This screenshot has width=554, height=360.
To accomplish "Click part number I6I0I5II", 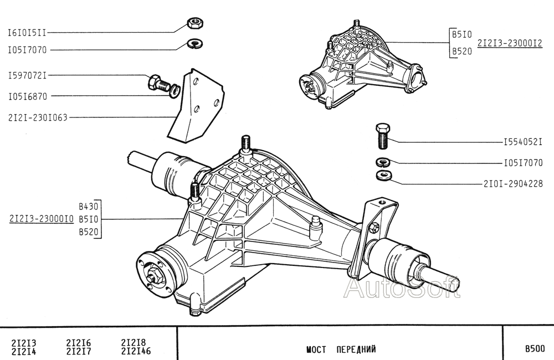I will tap(27, 33).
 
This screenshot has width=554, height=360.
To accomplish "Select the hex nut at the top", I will tap(194, 23).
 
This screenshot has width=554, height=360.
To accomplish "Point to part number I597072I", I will tap(27, 75).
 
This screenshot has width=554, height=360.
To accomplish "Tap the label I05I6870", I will tap(27, 96).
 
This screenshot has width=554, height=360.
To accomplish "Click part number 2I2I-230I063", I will tap(38, 117).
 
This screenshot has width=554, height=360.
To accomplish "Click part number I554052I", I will tap(522, 142).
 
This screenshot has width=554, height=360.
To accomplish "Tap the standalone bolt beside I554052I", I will tap(382, 136).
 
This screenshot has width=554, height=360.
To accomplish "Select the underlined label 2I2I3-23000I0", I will tap(42, 219).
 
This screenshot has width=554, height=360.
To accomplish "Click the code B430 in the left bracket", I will tap(88, 206).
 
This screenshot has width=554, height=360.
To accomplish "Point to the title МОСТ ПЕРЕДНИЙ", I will tap(341, 349).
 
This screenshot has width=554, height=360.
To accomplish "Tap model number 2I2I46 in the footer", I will tap(135, 351).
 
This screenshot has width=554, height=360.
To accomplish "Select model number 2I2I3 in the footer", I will tap(23, 343).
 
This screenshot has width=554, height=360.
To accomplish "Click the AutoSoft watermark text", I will tap(402, 288).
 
